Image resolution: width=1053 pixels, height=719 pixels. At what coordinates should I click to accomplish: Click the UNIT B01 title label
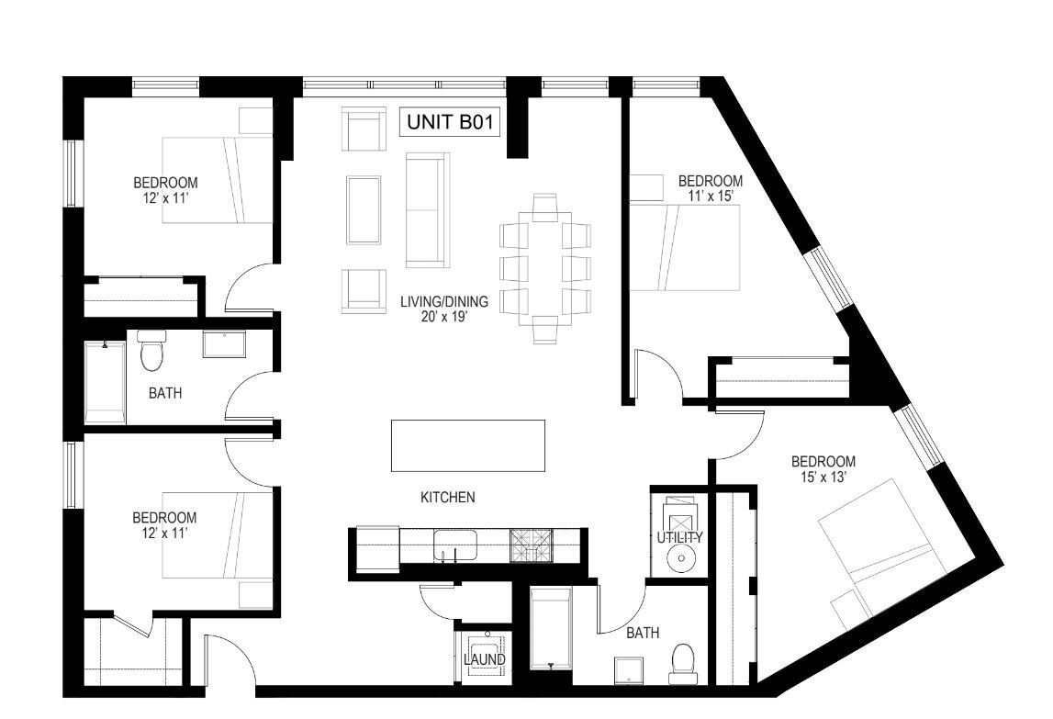coord(450,121)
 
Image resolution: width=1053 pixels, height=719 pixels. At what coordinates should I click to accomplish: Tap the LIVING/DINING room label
coord(444,302)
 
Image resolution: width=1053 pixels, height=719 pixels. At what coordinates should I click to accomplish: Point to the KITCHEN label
coord(447,498)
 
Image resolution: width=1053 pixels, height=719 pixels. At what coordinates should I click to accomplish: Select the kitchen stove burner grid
coord(531,545)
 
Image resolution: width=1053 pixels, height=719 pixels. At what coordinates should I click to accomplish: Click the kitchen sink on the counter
coord(455,545)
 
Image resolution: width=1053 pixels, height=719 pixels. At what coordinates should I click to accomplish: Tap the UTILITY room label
coord(679,537)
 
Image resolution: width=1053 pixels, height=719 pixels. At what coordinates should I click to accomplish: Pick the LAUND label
coord(484,659)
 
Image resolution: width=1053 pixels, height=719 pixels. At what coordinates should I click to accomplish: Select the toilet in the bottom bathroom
coord(682,664)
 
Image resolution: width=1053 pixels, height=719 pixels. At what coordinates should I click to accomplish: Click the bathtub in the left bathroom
coord(106,383)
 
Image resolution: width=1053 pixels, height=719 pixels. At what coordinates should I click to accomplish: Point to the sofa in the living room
coord(427,209)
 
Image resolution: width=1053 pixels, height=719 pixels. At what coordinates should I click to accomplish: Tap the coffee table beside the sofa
coord(364,209)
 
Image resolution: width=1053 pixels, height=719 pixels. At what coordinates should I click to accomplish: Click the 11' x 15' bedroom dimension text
coord(709,196)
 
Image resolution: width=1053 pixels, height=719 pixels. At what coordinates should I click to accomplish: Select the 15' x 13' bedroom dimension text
coord(823,477)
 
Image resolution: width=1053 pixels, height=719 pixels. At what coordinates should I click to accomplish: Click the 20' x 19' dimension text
coord(443,317)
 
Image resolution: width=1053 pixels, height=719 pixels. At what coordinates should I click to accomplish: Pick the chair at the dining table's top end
coord(544,206)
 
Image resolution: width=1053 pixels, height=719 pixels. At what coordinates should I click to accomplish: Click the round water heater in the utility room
coord(679,557)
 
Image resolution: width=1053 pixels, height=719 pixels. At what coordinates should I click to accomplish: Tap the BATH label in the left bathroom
coord(165,393)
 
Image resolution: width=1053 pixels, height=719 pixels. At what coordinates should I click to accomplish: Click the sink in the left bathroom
coord(224,344)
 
